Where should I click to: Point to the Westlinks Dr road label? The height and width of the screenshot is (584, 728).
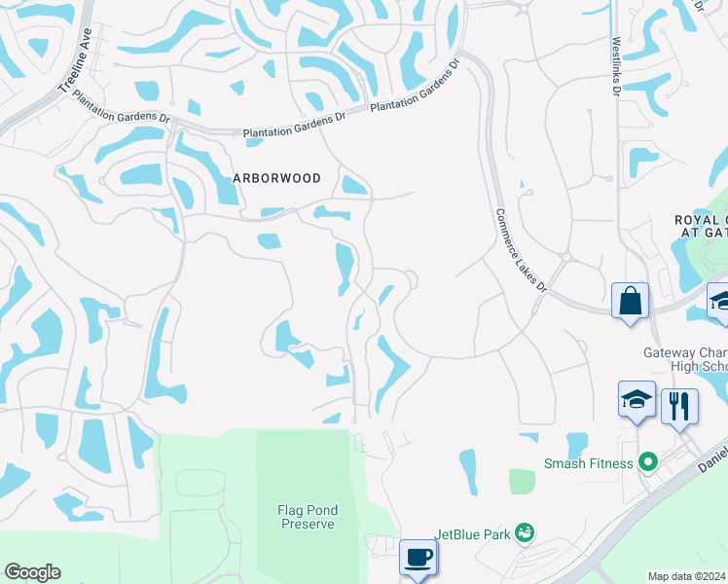click(615, 67)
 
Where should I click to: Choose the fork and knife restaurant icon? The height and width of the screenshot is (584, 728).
click(679, 404)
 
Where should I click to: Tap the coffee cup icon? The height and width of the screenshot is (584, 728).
click(419, 558)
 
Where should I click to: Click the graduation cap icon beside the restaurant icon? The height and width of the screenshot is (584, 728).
click(637, 400)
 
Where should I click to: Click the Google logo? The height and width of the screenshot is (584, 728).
click(32, 572)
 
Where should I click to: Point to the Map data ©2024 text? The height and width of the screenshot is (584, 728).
click(686, 576)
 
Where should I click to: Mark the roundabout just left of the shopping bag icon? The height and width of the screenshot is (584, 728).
click(565, 257)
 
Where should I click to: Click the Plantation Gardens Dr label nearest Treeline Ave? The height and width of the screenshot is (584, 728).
click(293, 129)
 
